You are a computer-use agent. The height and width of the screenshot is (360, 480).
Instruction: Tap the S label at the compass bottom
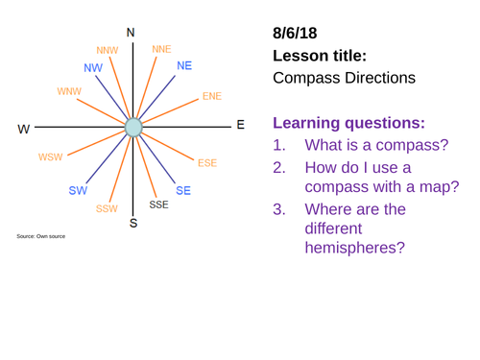tap(132, 225)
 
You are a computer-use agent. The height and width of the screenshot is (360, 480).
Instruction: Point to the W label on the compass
tap(24, 128)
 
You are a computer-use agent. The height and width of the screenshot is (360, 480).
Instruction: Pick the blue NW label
tap(93, 68)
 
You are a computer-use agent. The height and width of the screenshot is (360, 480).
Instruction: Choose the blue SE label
tap(182, 190)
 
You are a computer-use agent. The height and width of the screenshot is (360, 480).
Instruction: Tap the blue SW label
tap(78, 190)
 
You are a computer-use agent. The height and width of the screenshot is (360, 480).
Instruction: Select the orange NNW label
tap(108, 50)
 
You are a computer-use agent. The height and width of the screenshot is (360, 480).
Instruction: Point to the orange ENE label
tap(211, 97)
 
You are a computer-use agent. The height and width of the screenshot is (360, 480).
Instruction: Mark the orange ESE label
tap(207, 163)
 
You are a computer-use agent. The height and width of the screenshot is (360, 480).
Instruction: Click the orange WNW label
tap(68, 91)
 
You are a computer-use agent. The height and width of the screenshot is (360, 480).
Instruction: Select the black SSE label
tap(159, 204)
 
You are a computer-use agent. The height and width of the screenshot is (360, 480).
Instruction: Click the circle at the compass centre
tap(133, 127)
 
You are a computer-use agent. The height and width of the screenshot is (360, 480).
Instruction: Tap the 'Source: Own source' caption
tap(39, 235)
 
